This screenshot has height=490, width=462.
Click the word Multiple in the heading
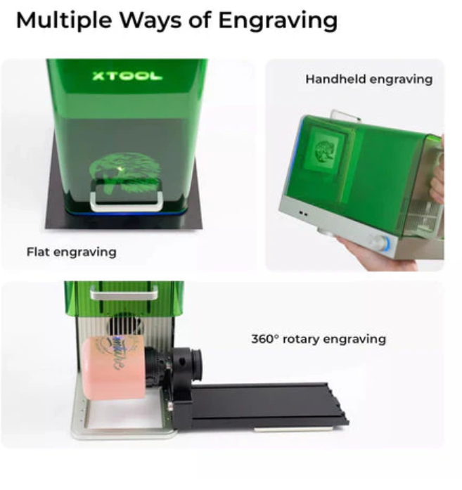pos(64,20)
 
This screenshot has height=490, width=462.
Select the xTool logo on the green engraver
pos(127,76)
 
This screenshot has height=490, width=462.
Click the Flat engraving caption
pos(72,252)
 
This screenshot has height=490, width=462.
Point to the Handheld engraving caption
pos(369,79)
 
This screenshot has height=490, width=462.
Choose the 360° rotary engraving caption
pos(319,339)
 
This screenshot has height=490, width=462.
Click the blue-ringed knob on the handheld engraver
pos(379,243)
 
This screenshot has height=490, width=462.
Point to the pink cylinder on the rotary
pos(113,368)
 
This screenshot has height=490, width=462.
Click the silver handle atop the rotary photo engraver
pos(124,294)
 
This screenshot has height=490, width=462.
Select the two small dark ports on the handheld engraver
pos(303,214)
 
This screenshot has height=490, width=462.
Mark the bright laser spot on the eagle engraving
pos(120,169)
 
